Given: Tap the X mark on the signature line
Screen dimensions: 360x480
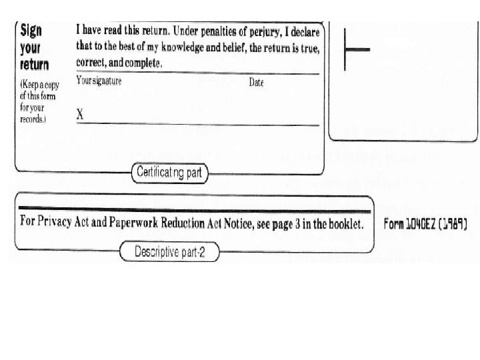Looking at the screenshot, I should click(80, 115).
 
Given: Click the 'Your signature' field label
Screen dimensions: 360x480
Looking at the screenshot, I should click(99, 82).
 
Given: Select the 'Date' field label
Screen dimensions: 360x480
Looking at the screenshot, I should click(256, 83).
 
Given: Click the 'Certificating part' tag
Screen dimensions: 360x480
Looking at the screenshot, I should click(169, 173).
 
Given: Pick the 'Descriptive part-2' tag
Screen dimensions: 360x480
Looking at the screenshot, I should click(169, 252).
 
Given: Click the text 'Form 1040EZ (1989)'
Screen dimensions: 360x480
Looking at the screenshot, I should click(425, 224).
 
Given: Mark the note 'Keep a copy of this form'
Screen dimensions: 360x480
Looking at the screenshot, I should click(39, 90).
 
